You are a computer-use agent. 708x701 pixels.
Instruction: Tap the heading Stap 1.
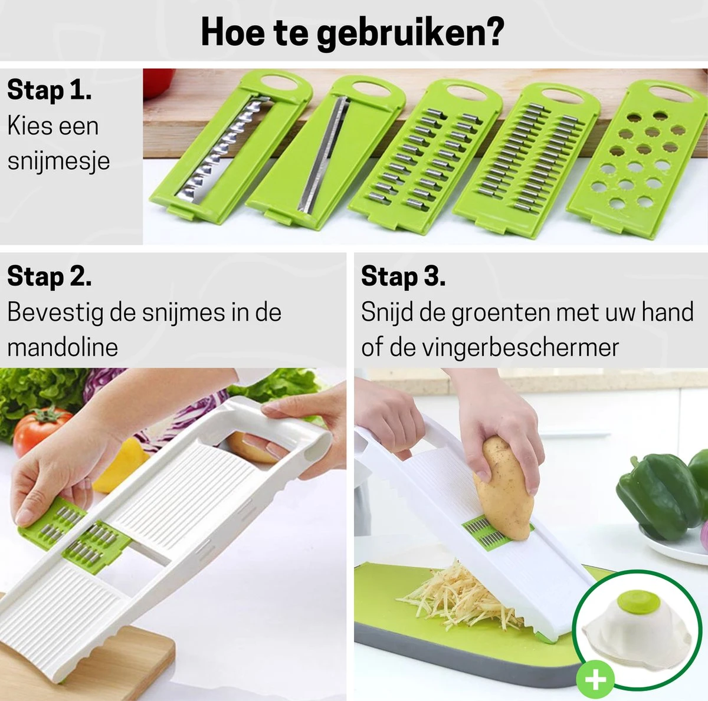point(49,90)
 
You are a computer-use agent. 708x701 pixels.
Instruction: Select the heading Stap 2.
point(49,276)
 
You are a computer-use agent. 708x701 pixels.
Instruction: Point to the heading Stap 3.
point(403,276)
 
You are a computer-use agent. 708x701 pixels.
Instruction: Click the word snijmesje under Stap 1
point(58,161)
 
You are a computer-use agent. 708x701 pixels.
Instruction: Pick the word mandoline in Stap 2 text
point(63,347)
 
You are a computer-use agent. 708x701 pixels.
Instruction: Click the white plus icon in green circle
point(595,680)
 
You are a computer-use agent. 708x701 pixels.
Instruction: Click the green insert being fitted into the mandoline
point(74,534)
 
